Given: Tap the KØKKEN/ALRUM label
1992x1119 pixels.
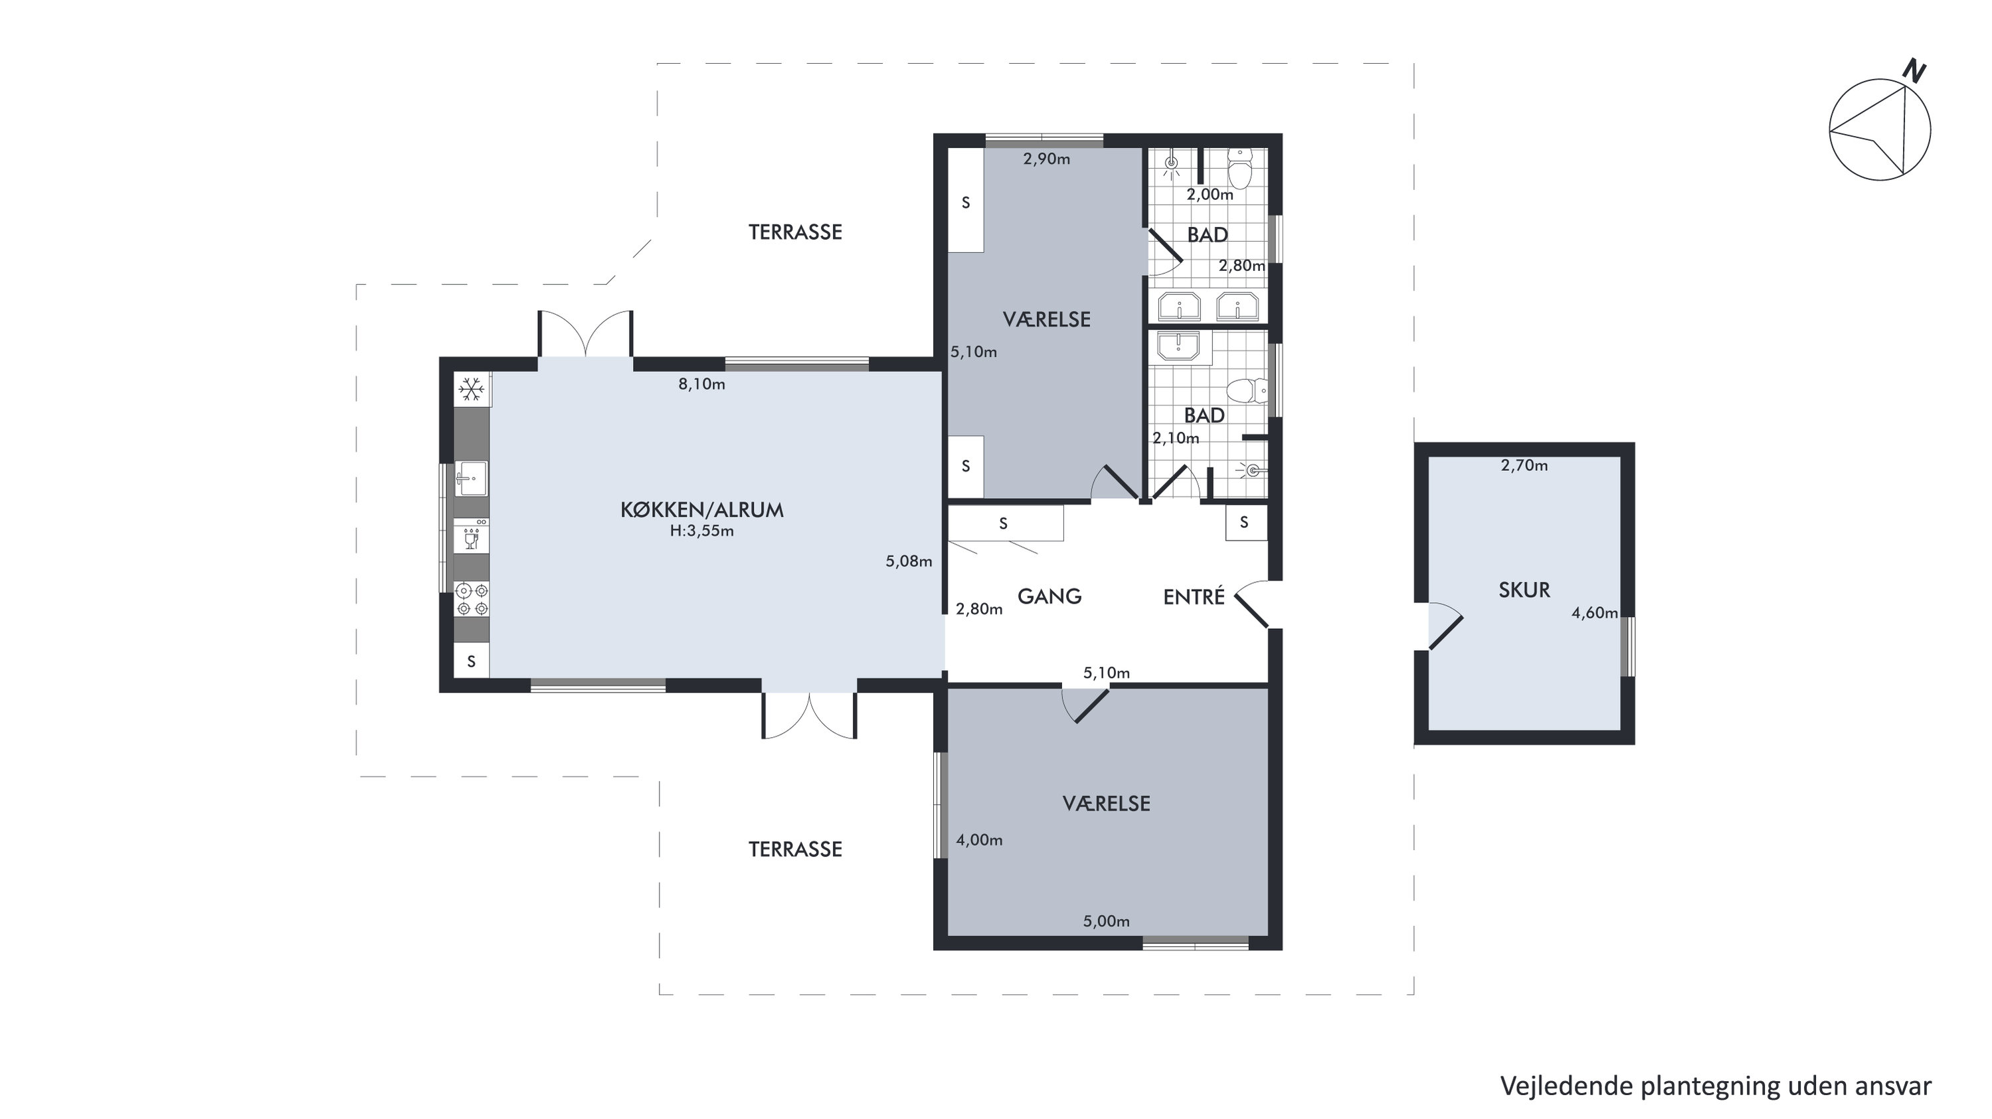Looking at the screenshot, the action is pos(702,509).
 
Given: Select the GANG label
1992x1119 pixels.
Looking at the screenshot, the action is pos(1049,596).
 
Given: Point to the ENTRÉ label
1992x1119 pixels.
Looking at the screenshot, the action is pos(1194,596).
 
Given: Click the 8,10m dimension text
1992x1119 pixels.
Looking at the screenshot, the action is pos(701,385).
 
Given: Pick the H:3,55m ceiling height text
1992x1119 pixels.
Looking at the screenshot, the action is pos(701,531).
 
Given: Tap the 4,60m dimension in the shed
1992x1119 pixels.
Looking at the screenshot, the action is pos(1595,613).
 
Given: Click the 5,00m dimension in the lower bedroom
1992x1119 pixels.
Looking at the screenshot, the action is pos(1106,921).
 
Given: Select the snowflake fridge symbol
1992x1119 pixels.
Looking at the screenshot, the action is pos(472,388).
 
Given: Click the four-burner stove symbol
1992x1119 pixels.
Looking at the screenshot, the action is pos(472,599).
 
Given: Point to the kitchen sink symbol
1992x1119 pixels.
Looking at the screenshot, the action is pos(471,479).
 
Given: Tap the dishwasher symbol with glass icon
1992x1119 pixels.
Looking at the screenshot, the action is pos(471,537).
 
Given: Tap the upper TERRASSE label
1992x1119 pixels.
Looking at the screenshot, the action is pos(795,232).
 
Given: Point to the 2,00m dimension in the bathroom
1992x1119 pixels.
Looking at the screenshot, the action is pos(1210,195).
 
